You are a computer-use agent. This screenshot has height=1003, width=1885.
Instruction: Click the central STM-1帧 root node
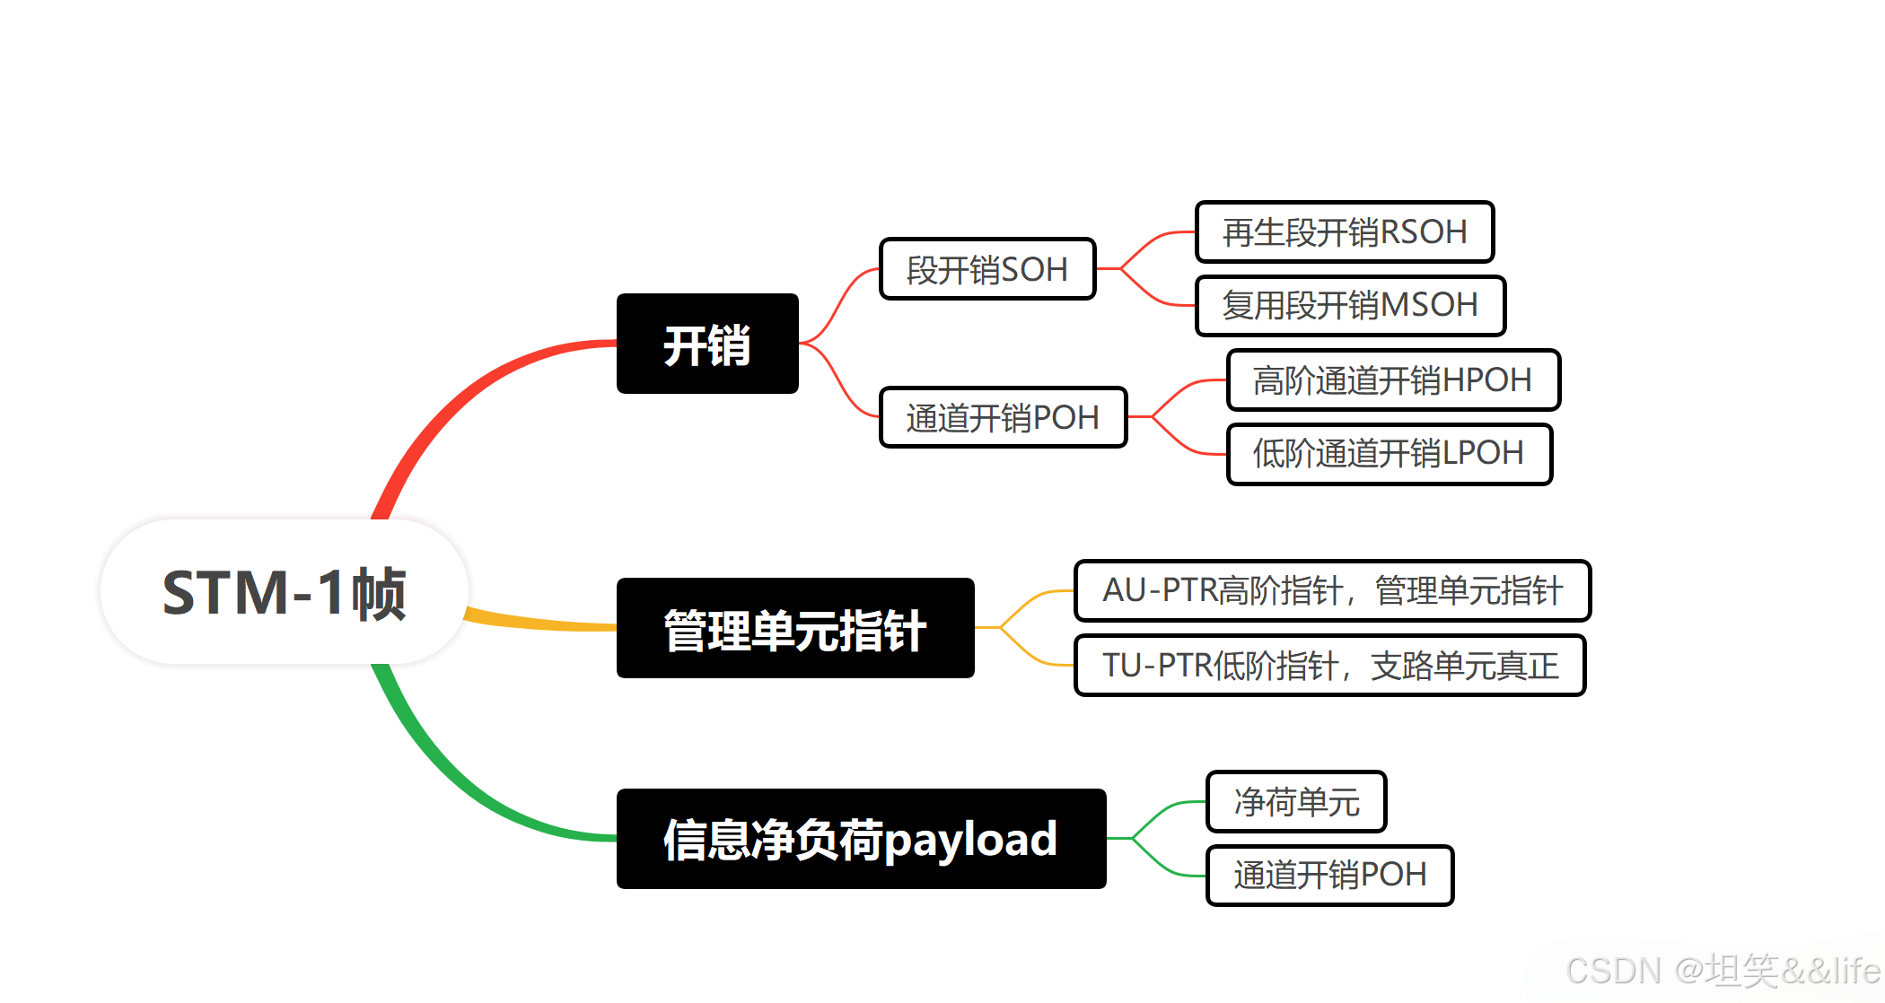[x=284, y=592]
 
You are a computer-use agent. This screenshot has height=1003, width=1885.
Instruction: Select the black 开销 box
[x=707, y=344]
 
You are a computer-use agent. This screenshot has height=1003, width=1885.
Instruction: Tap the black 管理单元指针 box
[x=795, y=628]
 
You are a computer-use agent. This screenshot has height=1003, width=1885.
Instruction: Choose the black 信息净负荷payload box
[x=861, y=839]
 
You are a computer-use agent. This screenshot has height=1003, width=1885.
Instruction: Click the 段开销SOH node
[x=987, y=269]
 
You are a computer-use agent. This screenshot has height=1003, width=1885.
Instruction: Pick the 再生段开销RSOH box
[x=1345, y=232]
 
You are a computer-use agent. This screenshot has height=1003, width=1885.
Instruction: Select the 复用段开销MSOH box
[x=1350, y=306]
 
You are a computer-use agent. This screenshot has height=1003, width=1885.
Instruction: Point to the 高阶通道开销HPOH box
[x=1393, y=380]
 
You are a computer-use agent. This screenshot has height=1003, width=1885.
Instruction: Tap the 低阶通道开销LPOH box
[x=1389, y=454]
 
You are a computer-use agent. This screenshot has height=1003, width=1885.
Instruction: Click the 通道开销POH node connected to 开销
[x=1003, y=417]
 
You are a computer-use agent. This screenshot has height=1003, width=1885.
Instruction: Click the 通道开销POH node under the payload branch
[x=1329, y=875]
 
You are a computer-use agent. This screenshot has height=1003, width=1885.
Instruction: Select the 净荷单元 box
[x=1296, y=801]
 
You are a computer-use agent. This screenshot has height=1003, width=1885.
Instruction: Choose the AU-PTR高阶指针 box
[x=1332, y=590]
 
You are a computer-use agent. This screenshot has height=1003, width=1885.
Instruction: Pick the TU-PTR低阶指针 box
[x=1329, y=665]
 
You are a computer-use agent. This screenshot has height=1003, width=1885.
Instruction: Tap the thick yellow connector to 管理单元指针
[x=539, y=622]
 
